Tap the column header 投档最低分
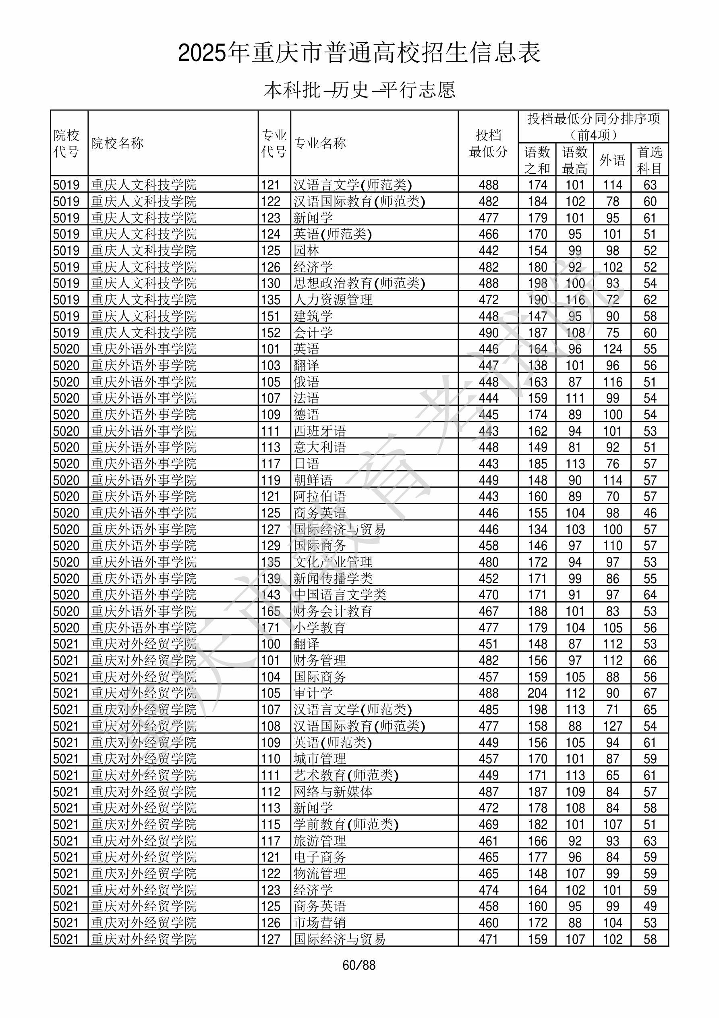(x=488, y=143)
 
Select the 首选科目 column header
(x=649, y=160)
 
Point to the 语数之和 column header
(x=537, y=160)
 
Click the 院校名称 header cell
(x=118, y=143)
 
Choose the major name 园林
(x=306, y=251)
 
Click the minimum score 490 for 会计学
(x=489, y=332)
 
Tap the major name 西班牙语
(x=319, y=431)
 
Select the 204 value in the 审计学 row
(x=537, y=693)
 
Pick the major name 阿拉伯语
(x=319, y=497)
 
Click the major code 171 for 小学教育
(x=270, y=628)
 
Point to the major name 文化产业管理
(x=333, y=562)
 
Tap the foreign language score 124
(x=612, y=349)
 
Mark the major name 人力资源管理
(x=333, y=300)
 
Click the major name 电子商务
(x=319, y=857)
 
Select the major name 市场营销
(x=319, y=922)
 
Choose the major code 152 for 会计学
(x=270, y=332)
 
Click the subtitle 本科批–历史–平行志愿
(x=359, y=90)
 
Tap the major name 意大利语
(x=319, y=447)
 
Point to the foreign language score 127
(x=612, y=726)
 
